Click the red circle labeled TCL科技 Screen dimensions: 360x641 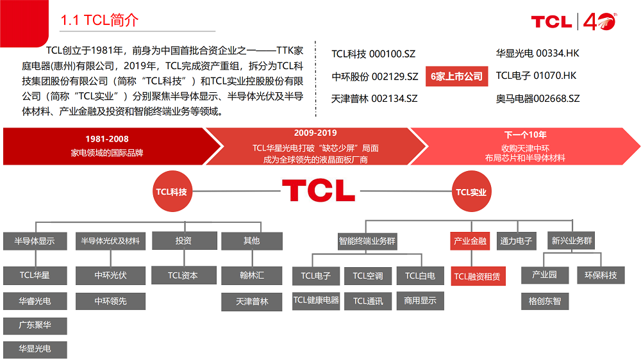coord(171,191)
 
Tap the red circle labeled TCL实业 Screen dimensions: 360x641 coord(471,192)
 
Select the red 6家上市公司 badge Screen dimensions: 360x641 coord(456,76)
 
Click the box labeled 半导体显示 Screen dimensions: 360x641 coord(35,241)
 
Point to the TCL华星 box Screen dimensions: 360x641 coord(35,275)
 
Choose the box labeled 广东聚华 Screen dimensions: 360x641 coord(35,325)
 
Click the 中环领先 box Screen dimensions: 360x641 coord(110,301)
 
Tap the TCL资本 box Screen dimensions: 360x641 coord(183,275)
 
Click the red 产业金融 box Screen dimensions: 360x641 coord(470,241)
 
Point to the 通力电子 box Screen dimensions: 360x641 coord(517,241)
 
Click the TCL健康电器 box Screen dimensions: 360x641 coord(316,300)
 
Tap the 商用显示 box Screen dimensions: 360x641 coord(420,300)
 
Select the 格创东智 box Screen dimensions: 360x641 coord(544,300)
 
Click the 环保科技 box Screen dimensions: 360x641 coord(601,275)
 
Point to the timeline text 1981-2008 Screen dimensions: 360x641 coord(107,139)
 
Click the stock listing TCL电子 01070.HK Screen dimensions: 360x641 coord(536,76)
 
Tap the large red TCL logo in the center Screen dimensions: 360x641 coord(318,190)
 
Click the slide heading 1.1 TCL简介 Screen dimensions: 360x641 coord(99,20)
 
